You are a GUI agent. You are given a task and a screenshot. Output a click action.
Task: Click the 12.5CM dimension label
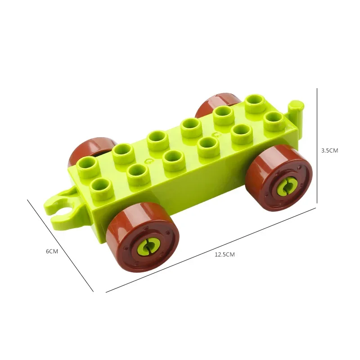click(x=225, y=254)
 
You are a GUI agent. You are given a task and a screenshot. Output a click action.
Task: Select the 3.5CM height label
click(x=329, y=151)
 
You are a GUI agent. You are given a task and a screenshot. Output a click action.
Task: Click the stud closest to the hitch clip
click(x=101, y=185)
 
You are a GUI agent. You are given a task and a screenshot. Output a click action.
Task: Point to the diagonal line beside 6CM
click(x=60, y=246)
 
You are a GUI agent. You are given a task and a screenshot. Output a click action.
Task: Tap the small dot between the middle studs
click(x=147, y=159)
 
